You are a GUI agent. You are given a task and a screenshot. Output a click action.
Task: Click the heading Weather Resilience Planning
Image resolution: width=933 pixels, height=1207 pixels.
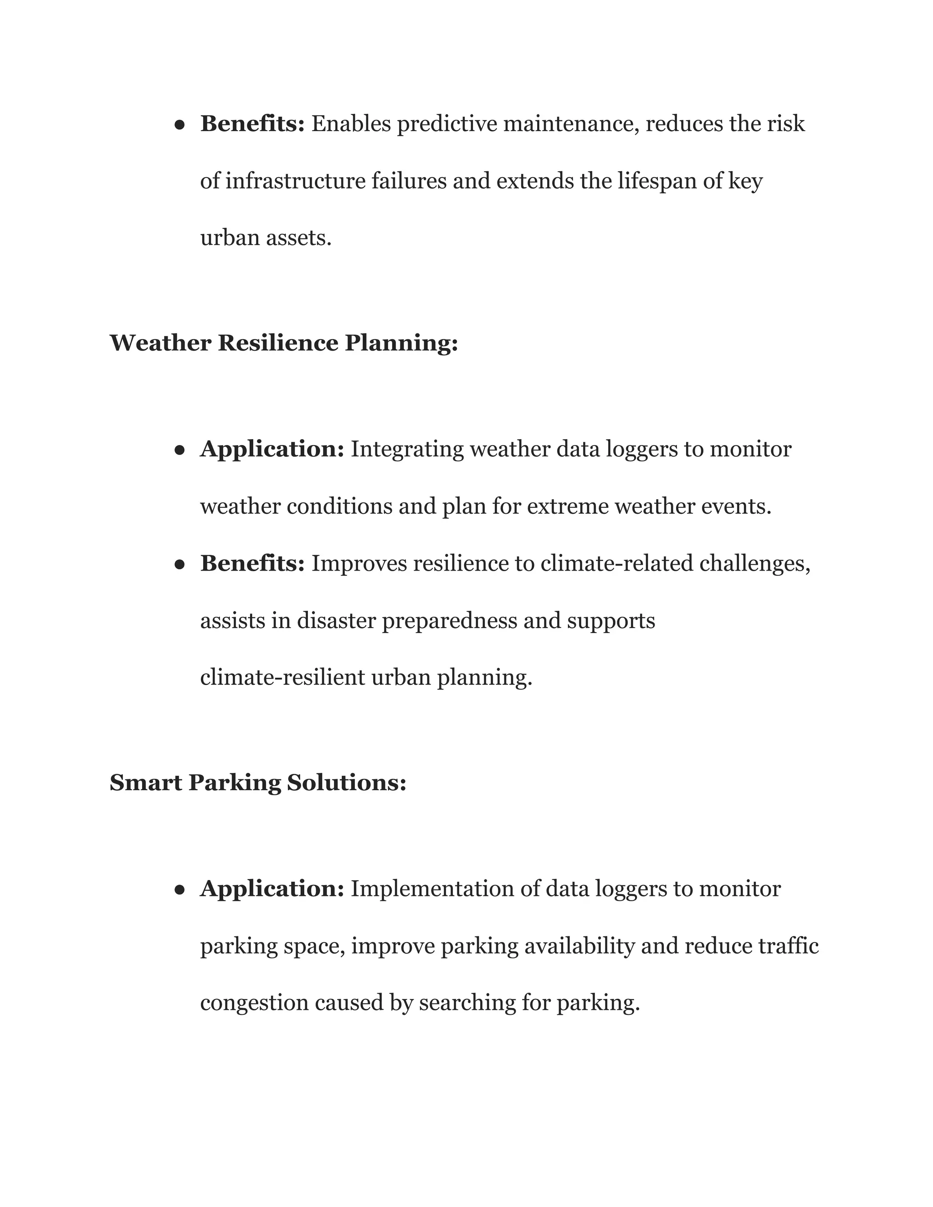pos(283,343)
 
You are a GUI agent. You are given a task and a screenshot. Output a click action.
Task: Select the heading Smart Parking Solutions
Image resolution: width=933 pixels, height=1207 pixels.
pos(257,783)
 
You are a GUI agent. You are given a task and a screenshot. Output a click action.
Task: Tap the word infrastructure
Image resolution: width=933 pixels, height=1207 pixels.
pos(296,181)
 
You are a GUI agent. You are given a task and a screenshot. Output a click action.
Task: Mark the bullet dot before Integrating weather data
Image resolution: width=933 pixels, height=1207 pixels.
pos(179,450)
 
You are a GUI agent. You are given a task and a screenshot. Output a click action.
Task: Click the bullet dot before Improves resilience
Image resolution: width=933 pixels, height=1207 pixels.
pos(179,565)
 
